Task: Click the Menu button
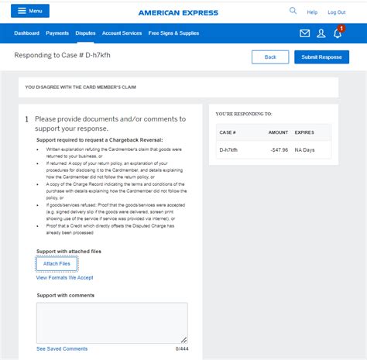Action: click(30, 11)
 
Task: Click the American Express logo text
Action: click(178, 12)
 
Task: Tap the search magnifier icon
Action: click(293, 12)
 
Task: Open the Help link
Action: click(312, 12)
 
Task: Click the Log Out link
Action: click(336, 12)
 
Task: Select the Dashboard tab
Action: click(26, 33)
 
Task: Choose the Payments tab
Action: click(57, 33)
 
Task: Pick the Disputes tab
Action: click(85, 33)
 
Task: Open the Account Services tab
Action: click(122, 33)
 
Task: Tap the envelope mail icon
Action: click(305, 33)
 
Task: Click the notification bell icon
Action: click(338, 33)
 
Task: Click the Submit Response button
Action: click(321, 57)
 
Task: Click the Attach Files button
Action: click(57, 264)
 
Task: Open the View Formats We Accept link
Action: click(64, 277)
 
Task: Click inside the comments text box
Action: click(111, 322)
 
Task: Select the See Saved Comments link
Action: click(62, 348)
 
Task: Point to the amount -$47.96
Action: click(277, 149)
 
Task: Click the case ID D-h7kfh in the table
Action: click(230, 149)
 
